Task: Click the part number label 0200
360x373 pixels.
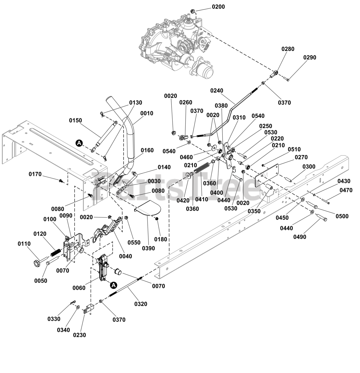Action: click(218, 7)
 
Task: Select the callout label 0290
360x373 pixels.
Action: click(310, 57)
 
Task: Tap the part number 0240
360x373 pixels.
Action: click(217, 90)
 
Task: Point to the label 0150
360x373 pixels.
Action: click(75, 120)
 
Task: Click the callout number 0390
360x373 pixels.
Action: click(148, 248)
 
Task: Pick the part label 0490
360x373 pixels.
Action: click(300, 237)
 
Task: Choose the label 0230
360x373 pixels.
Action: click(79, 335)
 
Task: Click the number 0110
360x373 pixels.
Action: click(24, 244)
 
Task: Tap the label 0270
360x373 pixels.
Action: click(301, 157)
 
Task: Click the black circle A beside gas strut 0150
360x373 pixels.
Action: click(79, 143)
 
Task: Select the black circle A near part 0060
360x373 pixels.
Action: click(114, 285)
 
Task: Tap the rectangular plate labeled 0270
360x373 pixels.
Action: click(267, 175)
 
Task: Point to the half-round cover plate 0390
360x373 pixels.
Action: click(148, 207)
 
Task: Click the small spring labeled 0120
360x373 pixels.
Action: click(56, 252)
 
